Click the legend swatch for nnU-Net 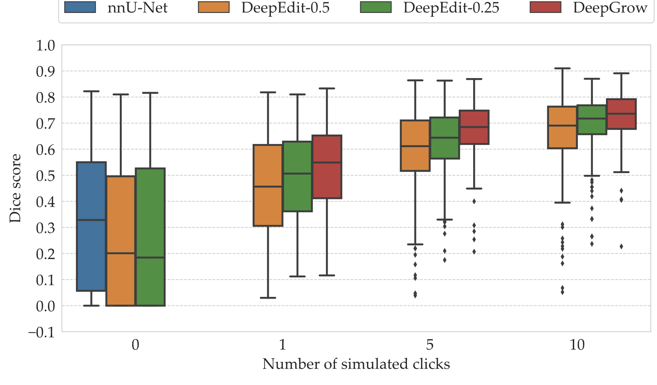point(80,7)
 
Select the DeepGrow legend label point(610,8)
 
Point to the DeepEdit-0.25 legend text point(451,8)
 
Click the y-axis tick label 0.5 point(45,176)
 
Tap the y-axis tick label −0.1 point(42,332)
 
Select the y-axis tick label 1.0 point(45,46)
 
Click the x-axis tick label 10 point(577,345)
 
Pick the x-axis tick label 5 point(430,345)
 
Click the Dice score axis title point(15,188)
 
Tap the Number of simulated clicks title point(356,364)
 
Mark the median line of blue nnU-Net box point(91,220)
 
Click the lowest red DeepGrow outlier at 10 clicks point(621,246)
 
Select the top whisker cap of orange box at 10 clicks point(562,68)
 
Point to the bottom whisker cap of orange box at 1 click point(268,298)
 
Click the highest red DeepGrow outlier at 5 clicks point(474,201)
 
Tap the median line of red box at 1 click point(327,162)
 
